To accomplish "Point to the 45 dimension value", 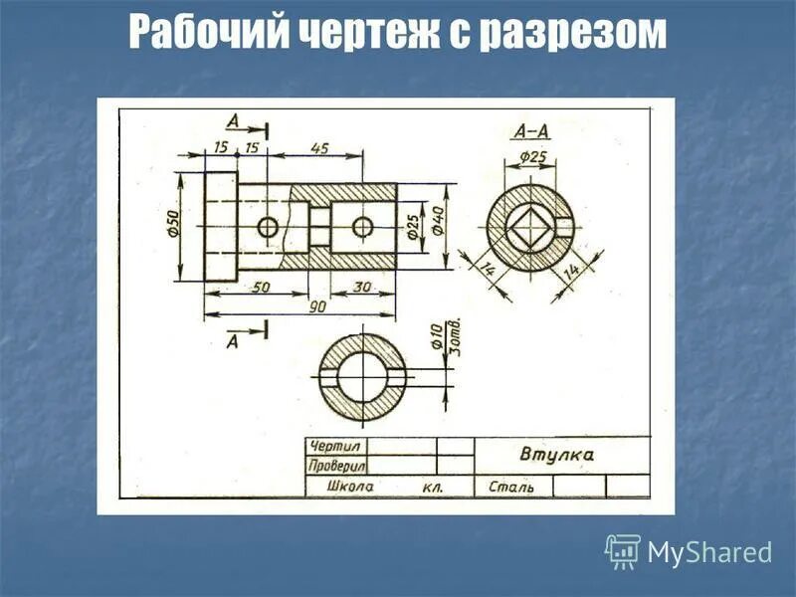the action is pos(319,147).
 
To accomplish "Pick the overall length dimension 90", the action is pos(316,307).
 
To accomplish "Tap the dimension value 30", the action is pos(363,288).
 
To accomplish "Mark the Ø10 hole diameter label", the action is pos(436,336).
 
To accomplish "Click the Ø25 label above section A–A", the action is pos(533,157).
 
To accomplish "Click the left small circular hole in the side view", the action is pos(268,227).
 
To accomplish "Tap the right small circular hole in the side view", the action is pos(363,227).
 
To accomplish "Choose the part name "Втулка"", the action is pos(556,455).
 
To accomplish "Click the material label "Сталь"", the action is pos(511,488).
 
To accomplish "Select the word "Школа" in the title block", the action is pos(351,488).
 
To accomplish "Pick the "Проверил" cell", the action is pos(336,465).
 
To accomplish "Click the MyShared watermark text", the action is pos(709,551).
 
